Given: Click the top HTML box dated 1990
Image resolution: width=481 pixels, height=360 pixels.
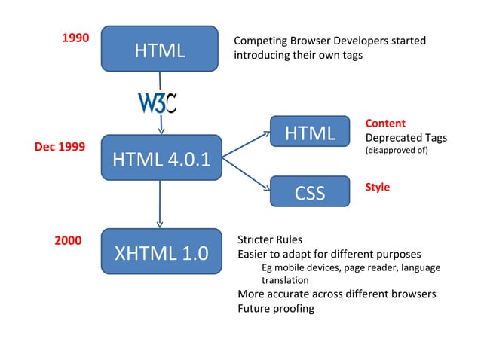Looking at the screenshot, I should pos(160,50).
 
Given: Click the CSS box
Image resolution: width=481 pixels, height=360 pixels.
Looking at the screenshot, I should pos(309,193).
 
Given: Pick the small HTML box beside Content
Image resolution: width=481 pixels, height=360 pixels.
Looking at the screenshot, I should pos(309,134).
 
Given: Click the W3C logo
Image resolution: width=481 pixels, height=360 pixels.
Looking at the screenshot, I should pos(157,102).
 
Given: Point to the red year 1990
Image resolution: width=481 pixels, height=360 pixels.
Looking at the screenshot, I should pos(75,38).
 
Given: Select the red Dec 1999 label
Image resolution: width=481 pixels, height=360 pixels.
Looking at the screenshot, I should pos(60,147).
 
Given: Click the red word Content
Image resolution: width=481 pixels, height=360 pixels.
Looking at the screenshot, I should pos(384,123).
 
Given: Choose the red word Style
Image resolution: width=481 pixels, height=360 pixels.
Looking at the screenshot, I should pos(377,187).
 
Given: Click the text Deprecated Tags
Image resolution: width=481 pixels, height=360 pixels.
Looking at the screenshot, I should pos(406,138).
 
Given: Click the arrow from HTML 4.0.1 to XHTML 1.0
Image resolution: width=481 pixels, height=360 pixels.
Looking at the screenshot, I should pos(160,203).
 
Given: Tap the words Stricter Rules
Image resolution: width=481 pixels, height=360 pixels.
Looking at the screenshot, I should pos(270,240).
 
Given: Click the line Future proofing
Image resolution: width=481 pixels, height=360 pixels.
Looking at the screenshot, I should pos(275,308).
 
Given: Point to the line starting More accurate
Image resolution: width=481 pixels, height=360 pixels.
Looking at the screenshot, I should pos(337,294).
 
